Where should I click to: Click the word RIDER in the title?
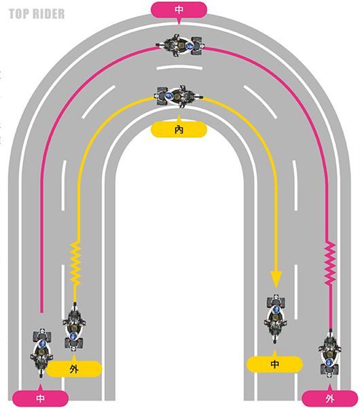coord(47,14)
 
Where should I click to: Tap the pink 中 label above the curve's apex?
coord(179,10)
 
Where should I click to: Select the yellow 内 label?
coord(179,129)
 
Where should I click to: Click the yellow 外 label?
coord(74,369)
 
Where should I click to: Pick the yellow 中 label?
coord(274,364)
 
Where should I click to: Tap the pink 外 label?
coord(330,398)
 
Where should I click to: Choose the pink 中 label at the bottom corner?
coord(40,398)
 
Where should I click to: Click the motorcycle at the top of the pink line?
coord(179,46)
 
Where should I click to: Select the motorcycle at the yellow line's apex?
coord(179,97)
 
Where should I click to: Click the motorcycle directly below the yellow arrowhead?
coord(276,319)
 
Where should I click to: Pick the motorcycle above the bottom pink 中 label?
coord(42,352)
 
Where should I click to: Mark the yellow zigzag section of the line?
coord(76,263)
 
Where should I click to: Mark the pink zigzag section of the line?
coord(330,263)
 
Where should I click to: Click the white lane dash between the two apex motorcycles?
coord(179,68)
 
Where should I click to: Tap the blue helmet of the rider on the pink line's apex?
coord(190,46)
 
